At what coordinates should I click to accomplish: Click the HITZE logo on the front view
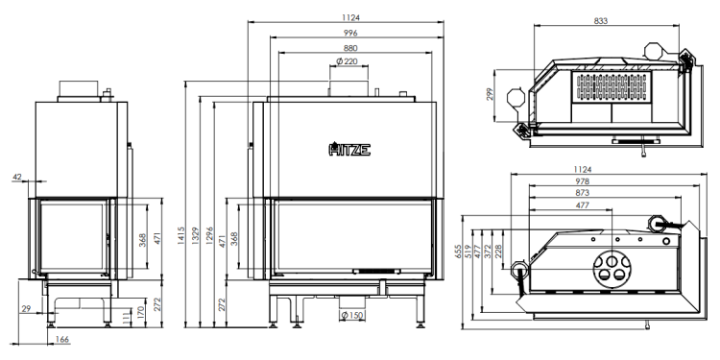(349, 149)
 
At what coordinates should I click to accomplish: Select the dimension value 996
(349, 33)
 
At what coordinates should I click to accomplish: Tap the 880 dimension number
(349, 48)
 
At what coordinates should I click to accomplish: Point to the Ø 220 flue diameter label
(347, 61)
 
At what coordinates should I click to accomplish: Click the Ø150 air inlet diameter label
(352, 316)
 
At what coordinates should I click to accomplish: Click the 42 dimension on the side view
(17, 176)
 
